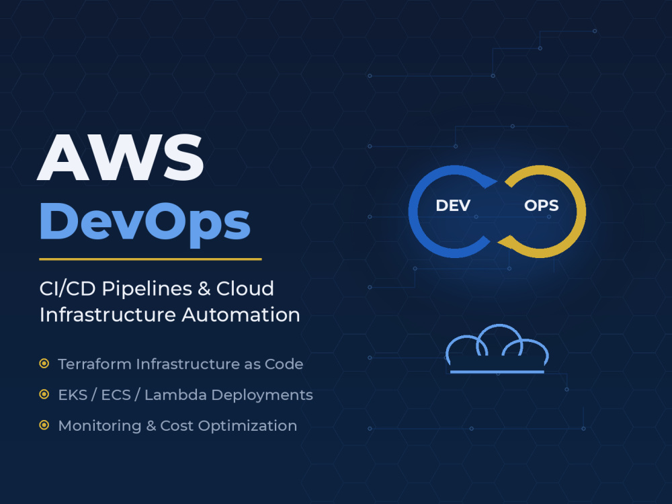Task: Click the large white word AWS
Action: point(120,157)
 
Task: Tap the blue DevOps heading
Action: point(145,222)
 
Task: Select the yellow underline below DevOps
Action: point(151,259)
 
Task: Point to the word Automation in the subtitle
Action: point(241,315)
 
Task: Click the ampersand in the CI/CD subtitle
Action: point(204,289)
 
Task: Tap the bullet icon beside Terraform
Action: point(44,364)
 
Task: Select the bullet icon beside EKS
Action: point(44,394)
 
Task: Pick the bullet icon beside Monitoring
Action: point(44,425)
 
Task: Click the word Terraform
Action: point(95,364)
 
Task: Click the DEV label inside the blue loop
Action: point(453,206)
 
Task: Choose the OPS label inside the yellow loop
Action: point(541,206)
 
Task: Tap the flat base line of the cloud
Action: point(497,372)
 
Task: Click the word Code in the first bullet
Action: point(284,364)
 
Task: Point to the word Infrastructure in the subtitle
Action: point(108,315)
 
